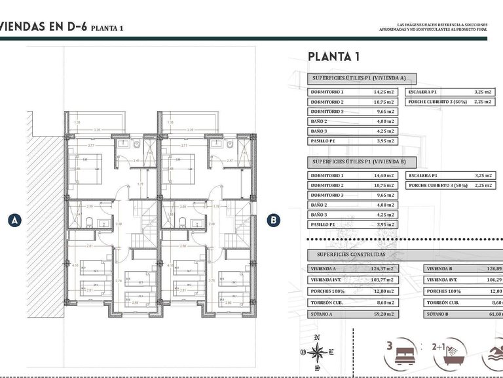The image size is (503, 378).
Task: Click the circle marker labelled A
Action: coord(13,220)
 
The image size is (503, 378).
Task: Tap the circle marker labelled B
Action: coord(274,220)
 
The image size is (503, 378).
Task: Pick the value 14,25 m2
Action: coord(383,93)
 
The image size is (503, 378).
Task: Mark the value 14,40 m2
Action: coord(383,176)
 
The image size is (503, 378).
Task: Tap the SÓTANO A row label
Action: coord(323,314)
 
